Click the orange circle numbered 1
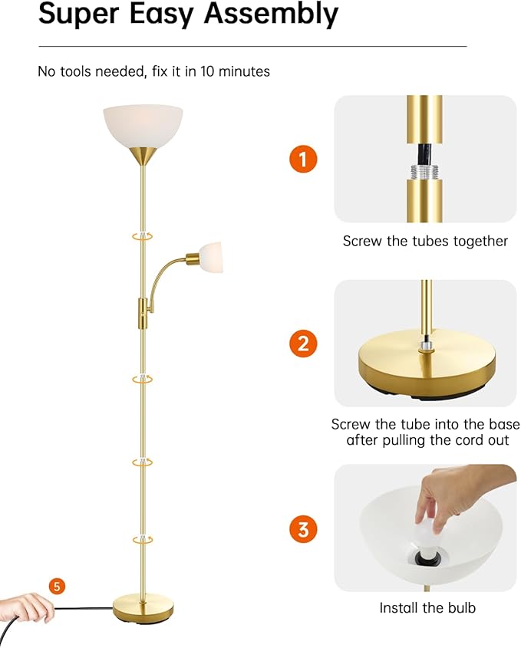(303, 160)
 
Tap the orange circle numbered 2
(303, 343)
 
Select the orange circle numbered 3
(303, 528)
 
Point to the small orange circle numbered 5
(57, 587)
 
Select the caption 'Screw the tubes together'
(425, 241)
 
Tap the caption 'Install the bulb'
(427, 607)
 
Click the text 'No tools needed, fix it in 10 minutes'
(154, 71)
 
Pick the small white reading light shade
(213, 255)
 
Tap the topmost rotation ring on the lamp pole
(142, 237)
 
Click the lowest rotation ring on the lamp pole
(142, 541)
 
